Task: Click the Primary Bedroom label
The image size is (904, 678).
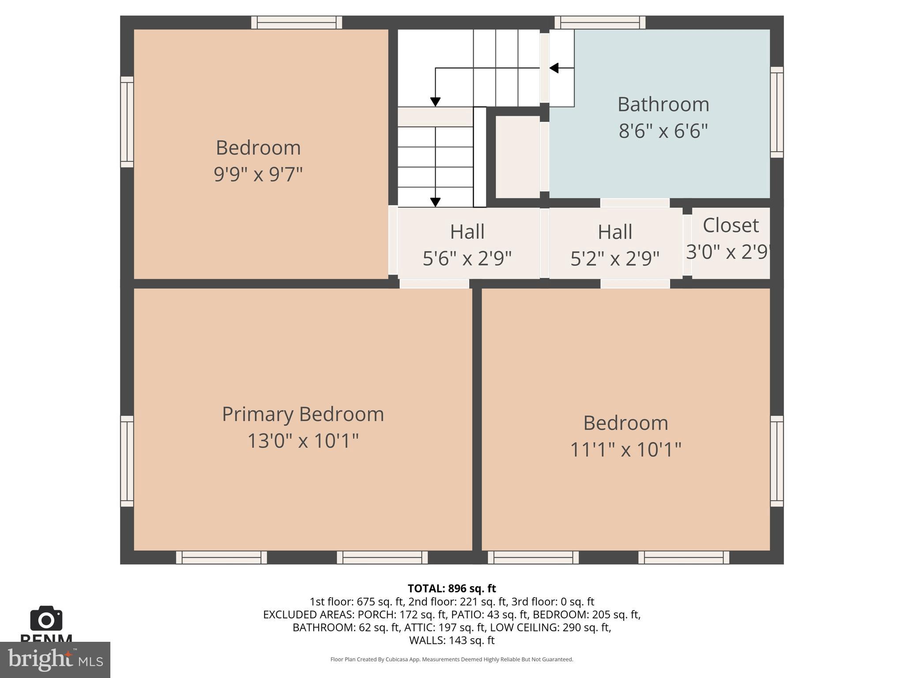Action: click(303, 414)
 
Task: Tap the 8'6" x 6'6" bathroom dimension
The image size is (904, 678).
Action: click(663, 131)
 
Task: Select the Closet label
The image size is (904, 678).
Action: click(731, 225)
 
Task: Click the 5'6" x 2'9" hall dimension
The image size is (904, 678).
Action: click(467, 258)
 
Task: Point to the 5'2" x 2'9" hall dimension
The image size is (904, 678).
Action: click(615, 259)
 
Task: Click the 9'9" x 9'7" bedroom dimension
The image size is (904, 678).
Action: click(258, 174)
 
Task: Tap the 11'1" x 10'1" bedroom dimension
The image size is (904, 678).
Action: click(625, 450)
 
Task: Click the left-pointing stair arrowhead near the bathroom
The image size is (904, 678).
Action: click(554, 68)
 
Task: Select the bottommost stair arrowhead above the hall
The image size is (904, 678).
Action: click(435, 202)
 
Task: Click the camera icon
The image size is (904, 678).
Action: click(46, 619)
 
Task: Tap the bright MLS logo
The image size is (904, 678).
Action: click(55, 660)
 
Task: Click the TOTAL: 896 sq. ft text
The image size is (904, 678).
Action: click(452, 588)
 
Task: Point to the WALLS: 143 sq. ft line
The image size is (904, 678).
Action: click(452, 640)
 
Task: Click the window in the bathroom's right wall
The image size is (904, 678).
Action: click(777, 112)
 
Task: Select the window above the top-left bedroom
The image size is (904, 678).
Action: click(297, 23)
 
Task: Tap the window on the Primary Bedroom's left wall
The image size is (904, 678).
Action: click(127, 461)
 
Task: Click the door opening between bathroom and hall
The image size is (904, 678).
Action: click(635, 203)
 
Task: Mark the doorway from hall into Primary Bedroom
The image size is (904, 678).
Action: click(434, 284)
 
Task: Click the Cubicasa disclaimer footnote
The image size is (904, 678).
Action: click(452, 659)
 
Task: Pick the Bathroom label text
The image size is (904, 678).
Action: click(663, 105)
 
